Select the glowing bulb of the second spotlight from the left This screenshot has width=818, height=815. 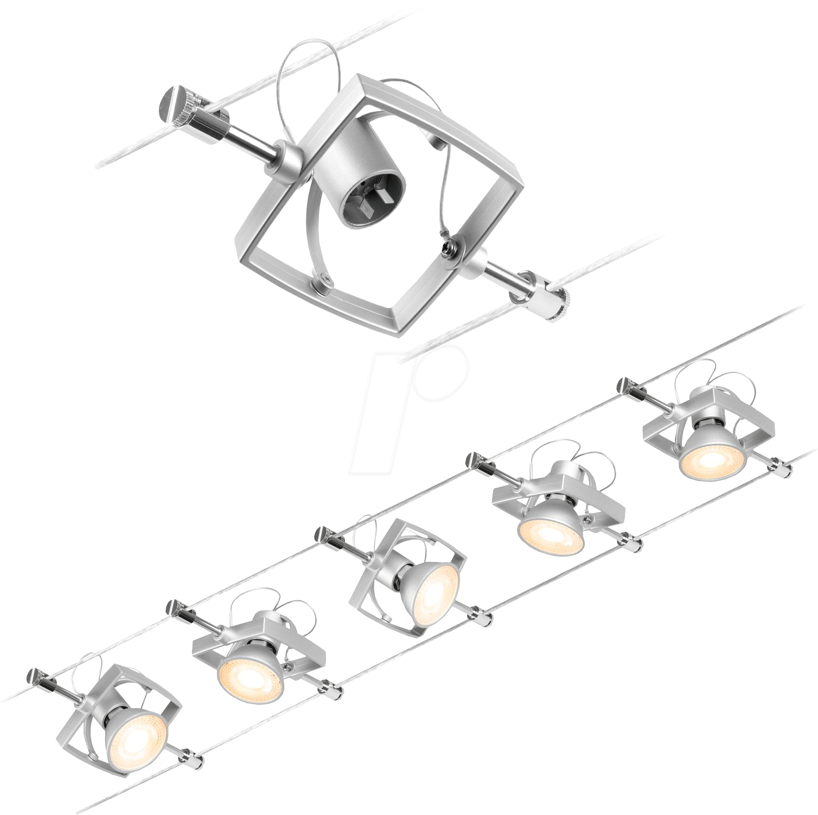point(250,670)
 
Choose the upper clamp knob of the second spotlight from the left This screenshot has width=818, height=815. point(177,608)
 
